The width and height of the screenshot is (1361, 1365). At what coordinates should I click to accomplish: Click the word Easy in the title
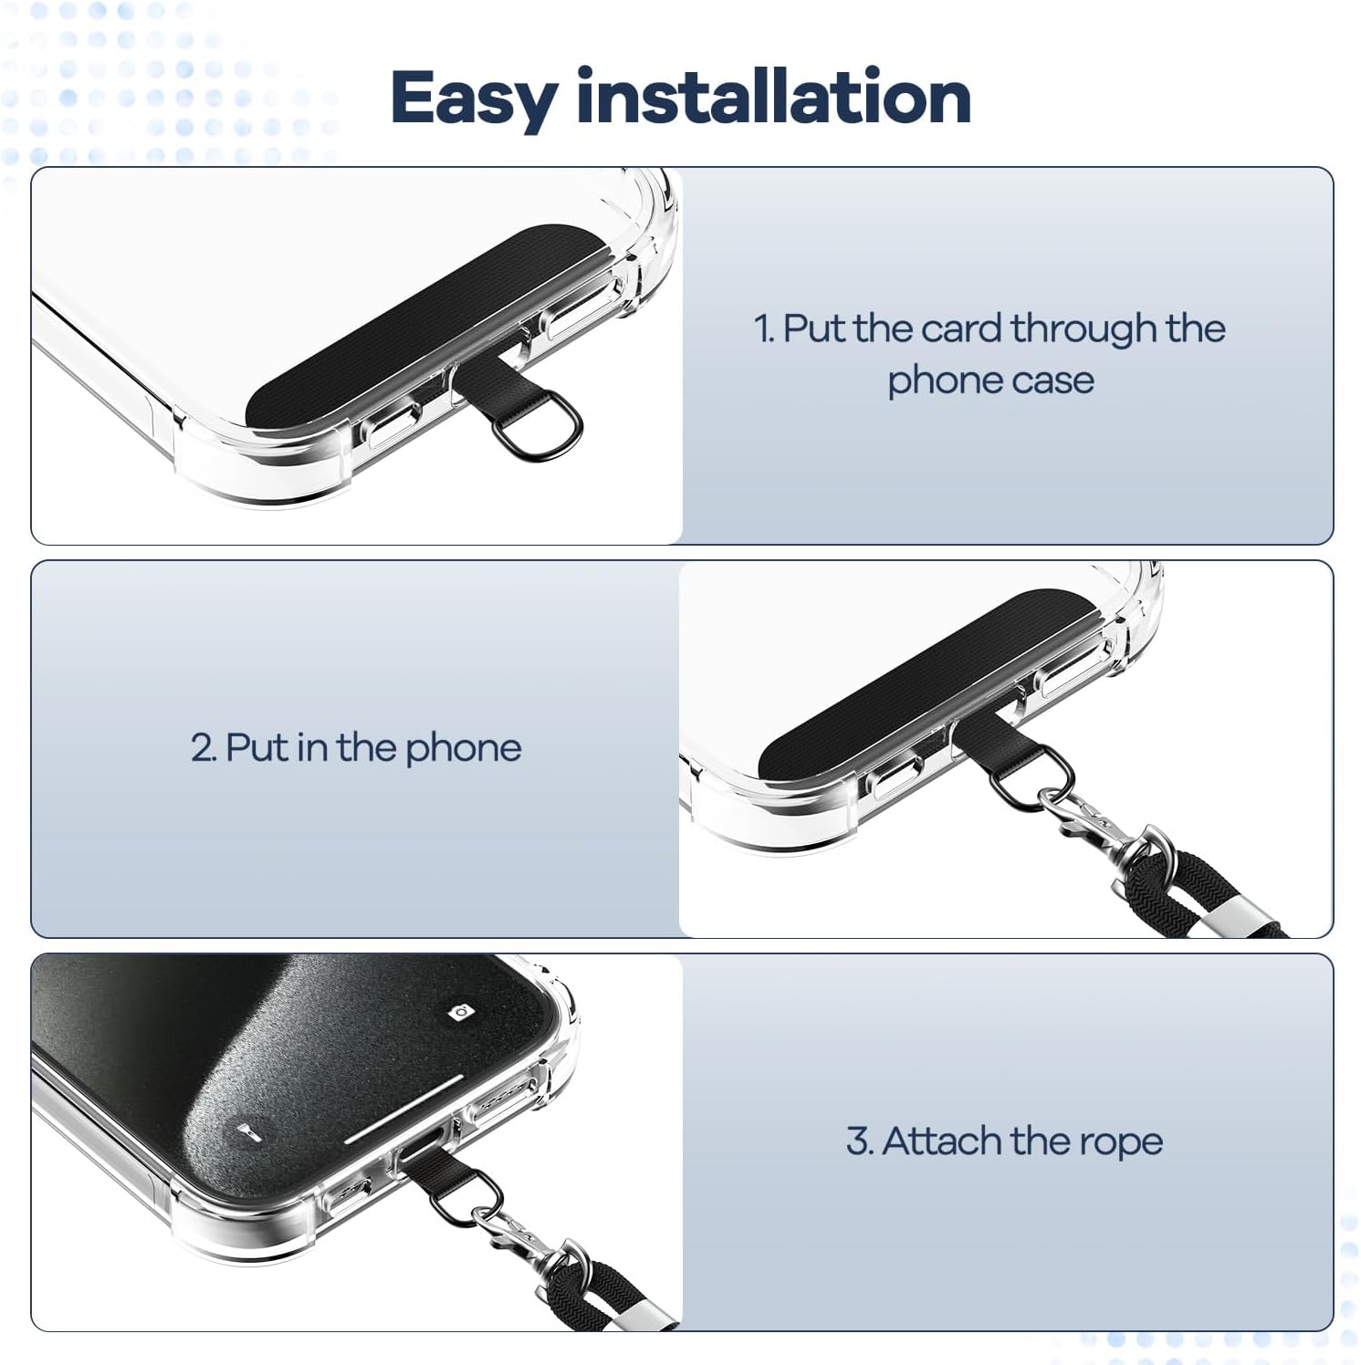coord(473,99)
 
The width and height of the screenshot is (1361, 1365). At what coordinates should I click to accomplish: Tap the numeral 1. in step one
coord(765,328)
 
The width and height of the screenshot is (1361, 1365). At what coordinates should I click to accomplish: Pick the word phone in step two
coord(463,749)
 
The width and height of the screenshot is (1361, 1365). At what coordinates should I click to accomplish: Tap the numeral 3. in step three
coord(860,1141)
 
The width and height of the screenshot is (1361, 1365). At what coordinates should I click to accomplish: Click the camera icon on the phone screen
coord(460,1011)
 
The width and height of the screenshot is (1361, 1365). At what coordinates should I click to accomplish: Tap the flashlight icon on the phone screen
coord(245,1132)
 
